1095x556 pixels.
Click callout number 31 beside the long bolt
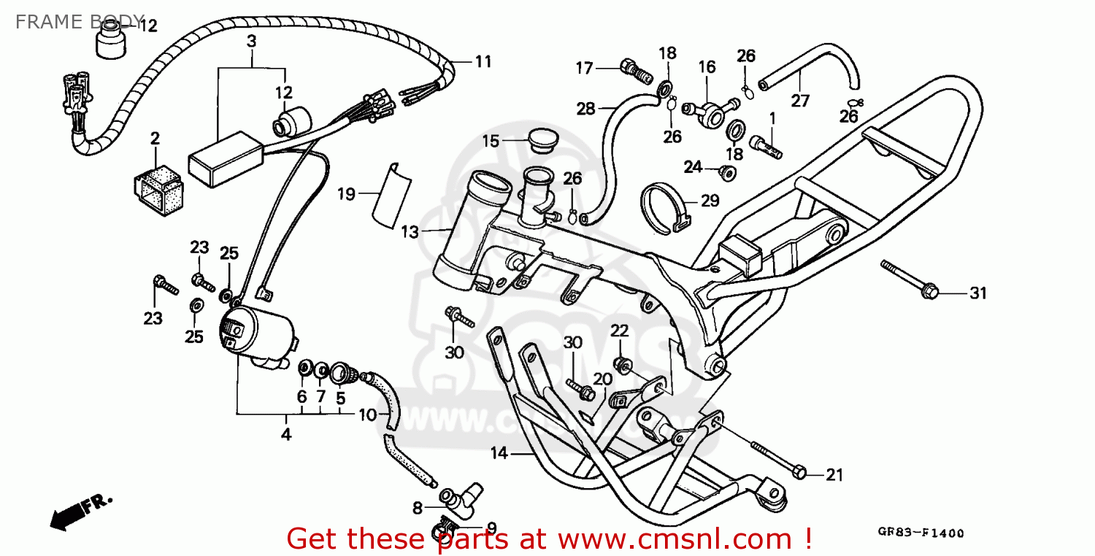(x=977, y=294)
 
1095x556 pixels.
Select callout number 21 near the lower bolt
(x=834, y=475)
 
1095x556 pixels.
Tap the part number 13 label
(x=410, y=232)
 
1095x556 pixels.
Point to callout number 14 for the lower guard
(x=499, y=453)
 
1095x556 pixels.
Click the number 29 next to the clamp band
(x=710, y=201)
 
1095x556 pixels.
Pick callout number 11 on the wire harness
(x=483, y=62)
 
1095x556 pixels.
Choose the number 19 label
(x=346, y=194)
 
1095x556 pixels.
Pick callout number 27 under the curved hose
(x=800, y=100)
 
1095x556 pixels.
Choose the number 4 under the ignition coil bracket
(x=285, y=435)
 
